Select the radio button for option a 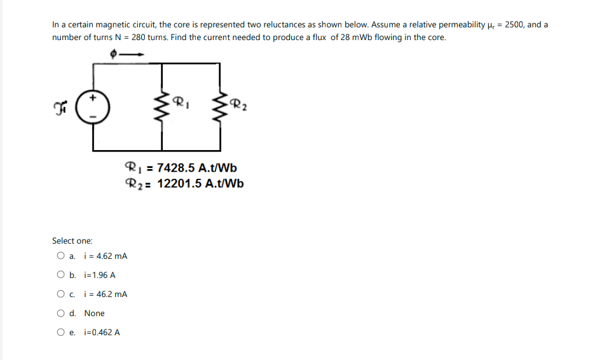click(x=60, y=256)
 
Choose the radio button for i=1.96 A click(x=60, y=275)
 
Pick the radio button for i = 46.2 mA click(x=60, y=294)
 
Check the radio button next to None click(x=60, y=314)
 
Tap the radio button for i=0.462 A click(x=60, y=333)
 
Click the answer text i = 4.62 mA click(x=106, y=256)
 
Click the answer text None click(x=94, y=314)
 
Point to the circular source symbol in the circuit click(x=93, y=107)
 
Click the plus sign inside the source click(x=93, y=99)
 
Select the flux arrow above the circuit click(x=134, y=55)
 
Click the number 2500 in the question click(x=514, y=25)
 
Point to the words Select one click(x=72, y=241)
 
